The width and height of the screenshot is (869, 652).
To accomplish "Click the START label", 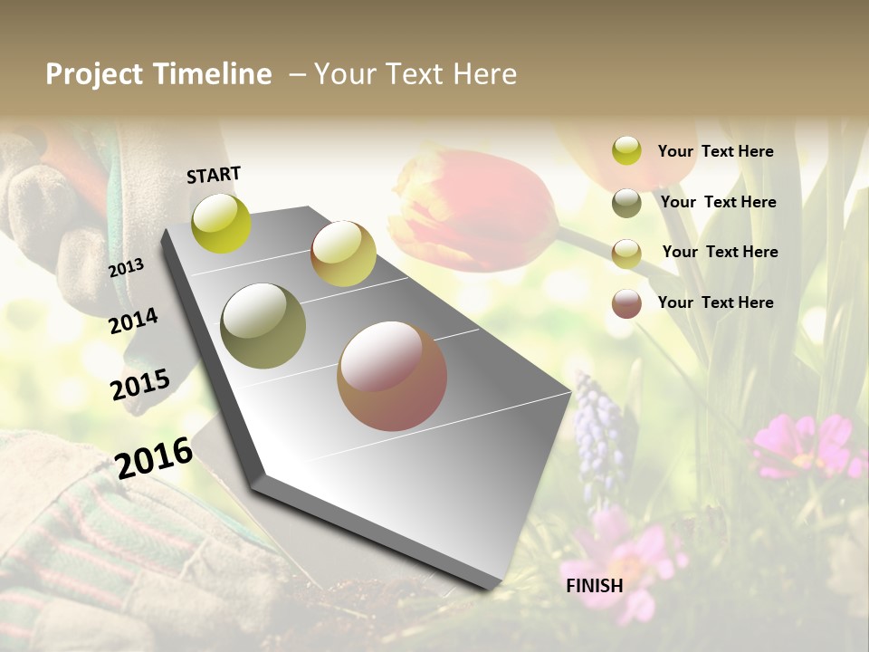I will click(x=214, y=175).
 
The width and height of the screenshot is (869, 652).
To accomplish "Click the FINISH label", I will click(x=594, y=586).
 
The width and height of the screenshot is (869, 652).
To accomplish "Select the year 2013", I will click(x=127, y=267).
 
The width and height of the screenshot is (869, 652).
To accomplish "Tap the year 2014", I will click(x=134, y=321).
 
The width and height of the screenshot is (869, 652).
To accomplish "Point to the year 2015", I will click(x=140, y=385).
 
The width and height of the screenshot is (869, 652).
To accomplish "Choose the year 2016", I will click(x=154, y=457).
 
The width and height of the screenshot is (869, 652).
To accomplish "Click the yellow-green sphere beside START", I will click(x=221, y=223).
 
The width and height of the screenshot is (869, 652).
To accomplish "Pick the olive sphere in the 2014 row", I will click(x=263, y=326).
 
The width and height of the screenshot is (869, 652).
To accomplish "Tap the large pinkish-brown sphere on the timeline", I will click(x=392, y=376).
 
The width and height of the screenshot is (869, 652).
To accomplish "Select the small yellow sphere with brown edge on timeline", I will click(x=343, y=254).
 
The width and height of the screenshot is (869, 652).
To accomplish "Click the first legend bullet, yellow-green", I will click(x=626, y=151).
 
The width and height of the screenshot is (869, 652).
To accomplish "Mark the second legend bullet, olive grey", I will click(x=626, y=202).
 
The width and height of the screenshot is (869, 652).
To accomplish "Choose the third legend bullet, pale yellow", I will click(x=626, y=253).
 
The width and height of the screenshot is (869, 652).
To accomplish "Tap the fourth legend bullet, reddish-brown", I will click(x=626, y=302).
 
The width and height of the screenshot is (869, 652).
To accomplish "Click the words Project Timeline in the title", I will click(x=158, y=74).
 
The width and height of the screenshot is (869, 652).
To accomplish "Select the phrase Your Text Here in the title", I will click(x=415, y=74).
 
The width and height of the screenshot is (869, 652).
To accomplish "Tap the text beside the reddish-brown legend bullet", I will click(x=716, y=302).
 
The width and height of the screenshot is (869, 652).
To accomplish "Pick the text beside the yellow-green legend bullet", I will click(x=716, y=151).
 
